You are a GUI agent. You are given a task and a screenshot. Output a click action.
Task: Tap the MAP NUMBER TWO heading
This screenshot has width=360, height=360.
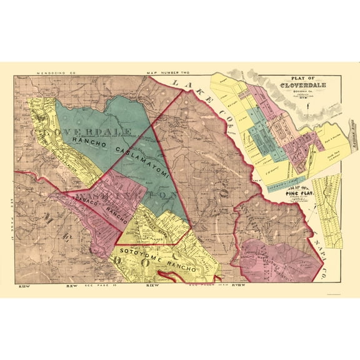click(164, 74)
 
